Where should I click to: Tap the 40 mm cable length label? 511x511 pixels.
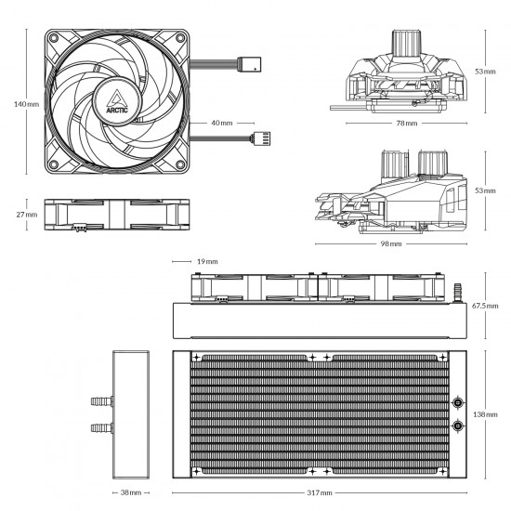coord(222,123)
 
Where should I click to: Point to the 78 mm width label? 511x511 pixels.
coord(405,123)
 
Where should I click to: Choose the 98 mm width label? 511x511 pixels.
coord(391,243)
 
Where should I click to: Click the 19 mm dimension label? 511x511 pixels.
coord(208,261)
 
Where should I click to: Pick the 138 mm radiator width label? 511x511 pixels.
coord(485,414)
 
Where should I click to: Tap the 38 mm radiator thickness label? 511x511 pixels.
coord(131,491)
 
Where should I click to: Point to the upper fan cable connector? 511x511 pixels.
coord(251,65)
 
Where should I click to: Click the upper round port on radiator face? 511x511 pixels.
coord(457,404)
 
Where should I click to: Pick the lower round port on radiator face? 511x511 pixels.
coord(457,426)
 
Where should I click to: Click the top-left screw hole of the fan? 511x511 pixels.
coord(55,39)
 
